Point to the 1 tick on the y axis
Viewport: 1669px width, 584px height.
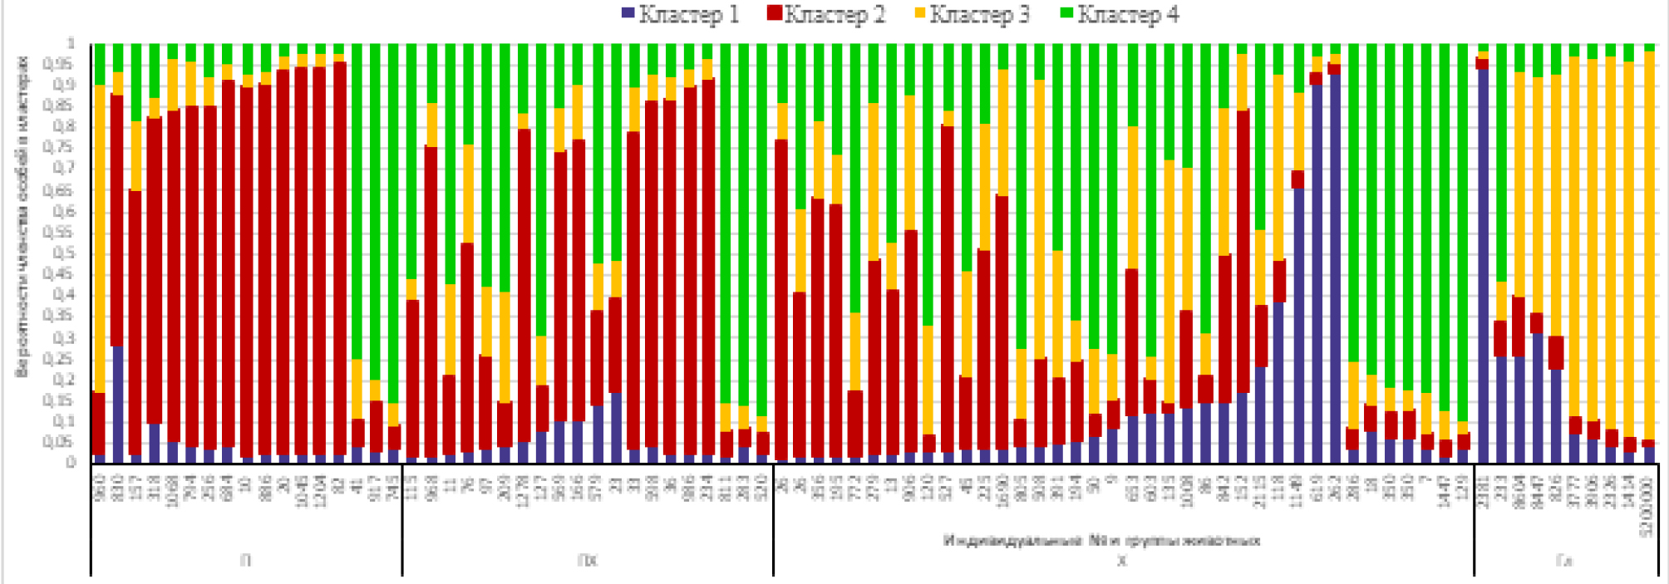(71, 43)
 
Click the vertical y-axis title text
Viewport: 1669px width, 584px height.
(22, 216)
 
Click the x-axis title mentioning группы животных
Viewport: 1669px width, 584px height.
(1101, 541)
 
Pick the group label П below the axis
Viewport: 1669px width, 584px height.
(246, 561)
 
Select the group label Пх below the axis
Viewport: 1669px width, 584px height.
(587, 561)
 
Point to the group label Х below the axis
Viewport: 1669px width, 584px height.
(1122, 561)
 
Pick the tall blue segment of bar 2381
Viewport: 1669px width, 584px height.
(1482, 266)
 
